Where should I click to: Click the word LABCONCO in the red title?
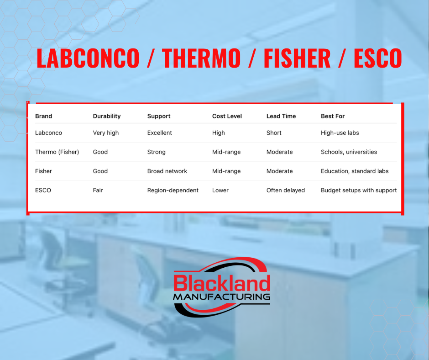pos(88,58)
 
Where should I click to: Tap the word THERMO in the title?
pos(201,58)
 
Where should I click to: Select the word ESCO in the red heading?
pos(378,58)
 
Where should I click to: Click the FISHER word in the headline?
pos(297,58)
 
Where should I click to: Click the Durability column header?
pos(107,116)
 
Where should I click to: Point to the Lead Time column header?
pos(281,116)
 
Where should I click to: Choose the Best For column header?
pos(333,116)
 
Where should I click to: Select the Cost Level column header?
pos(227,116)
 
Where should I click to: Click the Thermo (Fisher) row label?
pos(57,152)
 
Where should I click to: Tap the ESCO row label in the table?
pos(43,191)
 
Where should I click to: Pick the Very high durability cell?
pos(105,133)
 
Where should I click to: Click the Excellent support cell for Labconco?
pos(160,133)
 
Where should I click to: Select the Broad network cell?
pos(167,171)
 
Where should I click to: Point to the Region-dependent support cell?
pos(173,191)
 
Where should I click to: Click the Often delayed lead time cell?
pos(285,191)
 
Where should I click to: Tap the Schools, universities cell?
pos(349,152)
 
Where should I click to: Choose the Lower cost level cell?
pos(220,191)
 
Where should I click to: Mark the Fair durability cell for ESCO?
pos(98,191)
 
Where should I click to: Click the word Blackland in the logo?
pos(222,283)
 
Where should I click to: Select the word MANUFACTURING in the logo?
pos(222,296)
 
